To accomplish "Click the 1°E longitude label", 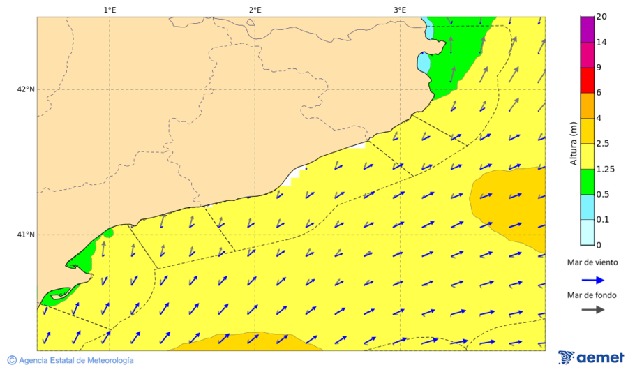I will tap(110, 10).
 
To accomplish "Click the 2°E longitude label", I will tap(255, 10).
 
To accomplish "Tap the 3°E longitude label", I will tap(400, 10).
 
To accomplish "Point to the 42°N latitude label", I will tap(26, 89).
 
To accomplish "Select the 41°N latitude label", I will tap(26, 235).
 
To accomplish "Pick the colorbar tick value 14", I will tap(601, 43).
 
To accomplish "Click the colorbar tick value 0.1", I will tap(602, 219).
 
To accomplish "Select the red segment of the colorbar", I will tap(587, 80).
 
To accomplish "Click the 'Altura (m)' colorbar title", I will tap(574, 143).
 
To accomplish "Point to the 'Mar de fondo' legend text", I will tap(591, 295).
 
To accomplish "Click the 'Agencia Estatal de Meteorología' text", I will tap(76, 360).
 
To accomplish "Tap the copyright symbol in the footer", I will tap(12, 360).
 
